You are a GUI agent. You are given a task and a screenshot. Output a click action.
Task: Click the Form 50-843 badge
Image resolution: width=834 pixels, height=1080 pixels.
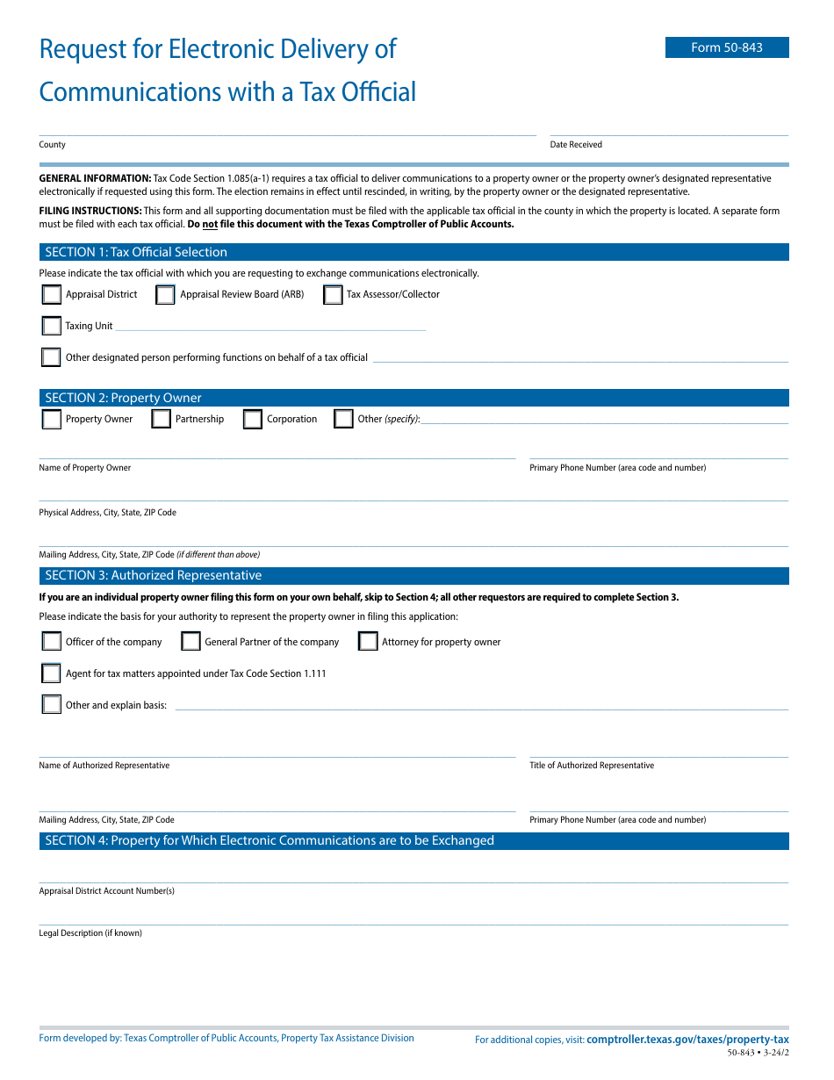tap(727, 47)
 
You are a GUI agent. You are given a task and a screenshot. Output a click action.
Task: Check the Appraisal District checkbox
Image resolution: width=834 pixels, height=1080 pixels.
tap(52, 295)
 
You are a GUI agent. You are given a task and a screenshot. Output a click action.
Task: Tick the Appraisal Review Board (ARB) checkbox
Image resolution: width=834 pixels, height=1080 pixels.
tap(165, 295)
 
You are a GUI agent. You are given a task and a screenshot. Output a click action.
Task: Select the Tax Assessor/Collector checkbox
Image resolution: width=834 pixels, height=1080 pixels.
tap(333, 295)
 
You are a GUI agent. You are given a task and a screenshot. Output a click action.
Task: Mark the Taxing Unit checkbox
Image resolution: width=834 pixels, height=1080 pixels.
tap(52, 326)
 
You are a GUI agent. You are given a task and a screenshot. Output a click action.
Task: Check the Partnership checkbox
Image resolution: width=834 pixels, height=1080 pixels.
tap(161, 420)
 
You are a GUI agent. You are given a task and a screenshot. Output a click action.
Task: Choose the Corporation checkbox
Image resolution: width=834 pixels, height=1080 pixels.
tap(253, 420)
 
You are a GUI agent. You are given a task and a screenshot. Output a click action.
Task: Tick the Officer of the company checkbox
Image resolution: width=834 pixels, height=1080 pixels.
tap(52, 642)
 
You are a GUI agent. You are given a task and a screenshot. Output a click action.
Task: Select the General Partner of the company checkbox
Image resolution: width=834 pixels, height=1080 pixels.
tap(191, 642)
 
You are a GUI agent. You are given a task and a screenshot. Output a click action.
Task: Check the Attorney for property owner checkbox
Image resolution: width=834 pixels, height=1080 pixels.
tap(368, 642)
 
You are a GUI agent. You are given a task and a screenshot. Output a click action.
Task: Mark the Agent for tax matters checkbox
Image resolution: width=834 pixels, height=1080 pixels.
tap(52, 673)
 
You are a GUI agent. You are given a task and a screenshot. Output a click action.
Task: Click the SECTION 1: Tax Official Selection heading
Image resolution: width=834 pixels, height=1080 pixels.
tap(136, 252)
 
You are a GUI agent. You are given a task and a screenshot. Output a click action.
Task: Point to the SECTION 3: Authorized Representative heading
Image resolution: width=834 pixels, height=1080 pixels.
tap(154, 576)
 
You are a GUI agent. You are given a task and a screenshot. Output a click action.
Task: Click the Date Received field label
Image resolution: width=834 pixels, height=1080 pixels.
tap(576, 145)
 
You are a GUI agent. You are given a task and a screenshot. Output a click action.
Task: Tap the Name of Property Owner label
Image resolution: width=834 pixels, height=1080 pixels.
tap(85, 468)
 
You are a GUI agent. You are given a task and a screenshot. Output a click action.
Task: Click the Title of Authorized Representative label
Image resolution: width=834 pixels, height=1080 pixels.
tap(592, 766)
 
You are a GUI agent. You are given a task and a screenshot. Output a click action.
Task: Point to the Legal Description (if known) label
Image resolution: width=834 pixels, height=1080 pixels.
tap(90, 933)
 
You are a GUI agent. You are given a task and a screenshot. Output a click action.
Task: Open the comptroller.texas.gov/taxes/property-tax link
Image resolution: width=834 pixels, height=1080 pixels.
tap(687, 1040)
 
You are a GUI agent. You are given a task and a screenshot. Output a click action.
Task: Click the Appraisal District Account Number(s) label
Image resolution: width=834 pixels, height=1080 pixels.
tap(107, 891)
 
